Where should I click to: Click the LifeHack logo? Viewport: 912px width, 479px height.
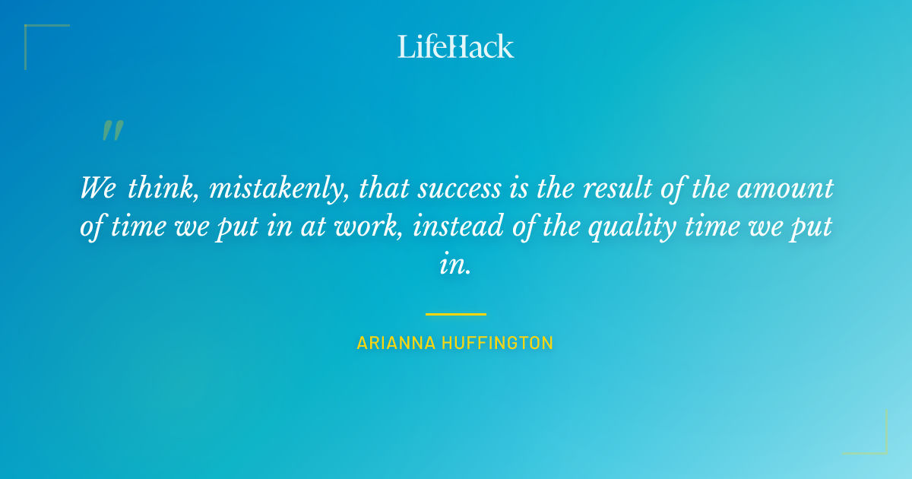click(456, 46)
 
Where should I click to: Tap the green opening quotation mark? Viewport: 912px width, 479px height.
click(112, 131)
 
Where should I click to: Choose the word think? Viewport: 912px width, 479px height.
click(160, 189)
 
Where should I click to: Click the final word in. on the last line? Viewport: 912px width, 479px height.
click(456, 265)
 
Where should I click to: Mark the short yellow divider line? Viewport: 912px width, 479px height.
click(456, 314)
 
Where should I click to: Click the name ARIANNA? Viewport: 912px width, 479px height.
click(396, 344)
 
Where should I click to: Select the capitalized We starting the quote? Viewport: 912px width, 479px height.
click(97, 189)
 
